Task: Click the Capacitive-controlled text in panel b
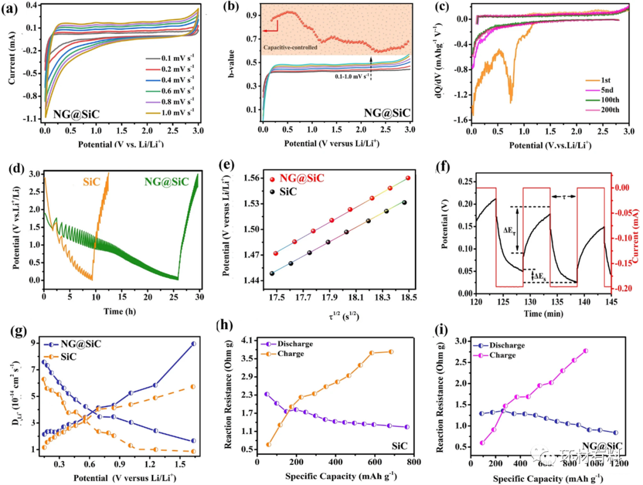(x=289, y=46)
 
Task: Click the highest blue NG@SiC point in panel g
(x=194, y=343)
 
